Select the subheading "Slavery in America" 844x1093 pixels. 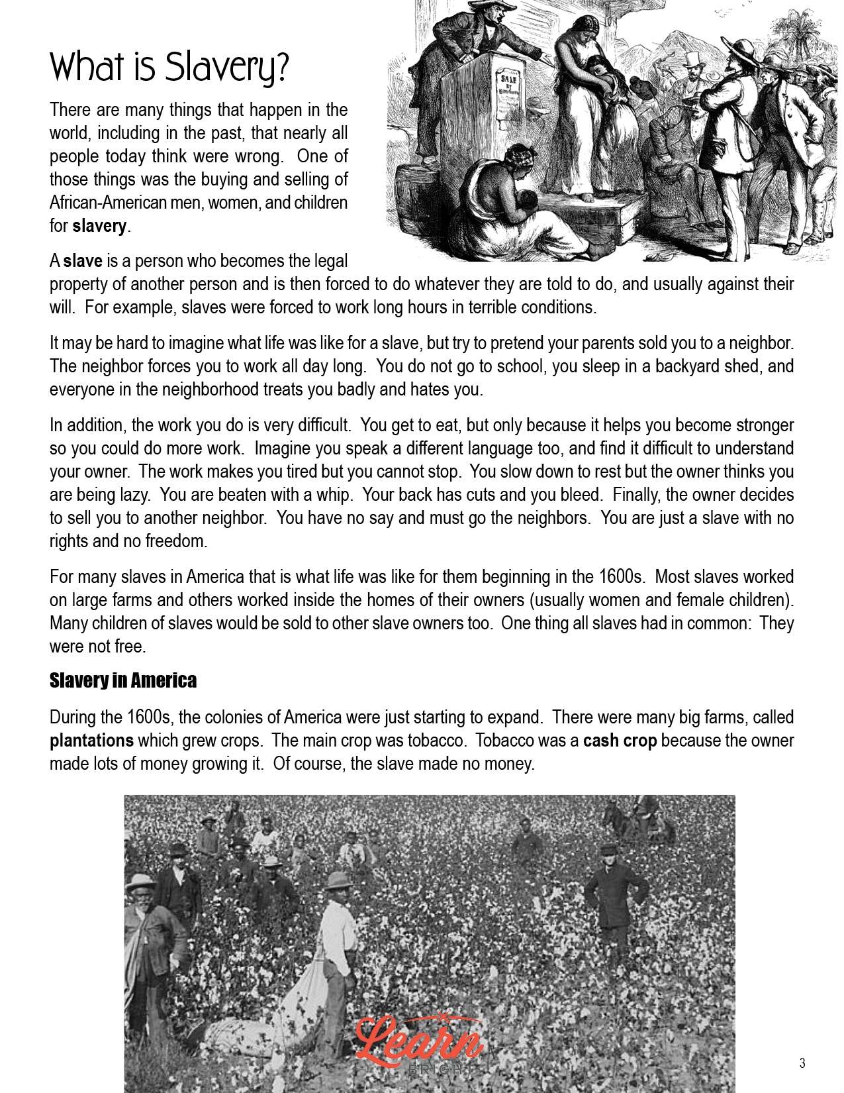coord(123,680)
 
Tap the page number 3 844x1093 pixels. coord(802,1063)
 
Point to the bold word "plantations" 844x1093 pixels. coord(91,741)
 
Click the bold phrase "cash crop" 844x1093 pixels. coord(620,741)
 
